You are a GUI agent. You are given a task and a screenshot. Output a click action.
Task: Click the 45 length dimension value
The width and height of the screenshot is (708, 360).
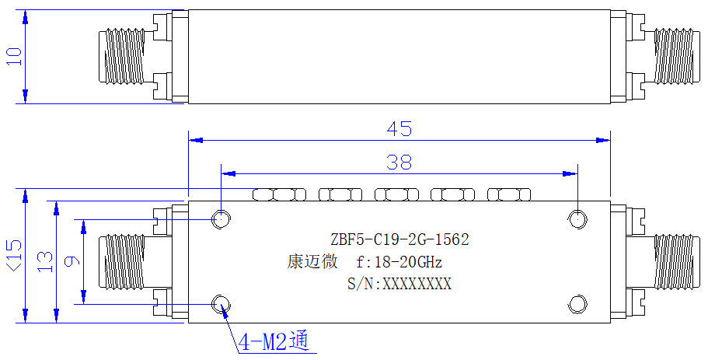click(399, 129)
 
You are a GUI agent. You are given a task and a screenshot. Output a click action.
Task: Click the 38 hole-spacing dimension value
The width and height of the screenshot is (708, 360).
click(399, 162)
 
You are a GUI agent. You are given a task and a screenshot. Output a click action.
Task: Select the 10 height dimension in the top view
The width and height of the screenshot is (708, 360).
click(14, 57)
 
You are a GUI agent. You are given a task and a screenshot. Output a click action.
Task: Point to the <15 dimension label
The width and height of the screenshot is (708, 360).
click(13, 256)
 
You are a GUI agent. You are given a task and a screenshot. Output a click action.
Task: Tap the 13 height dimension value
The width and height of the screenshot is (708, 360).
click(45, 262)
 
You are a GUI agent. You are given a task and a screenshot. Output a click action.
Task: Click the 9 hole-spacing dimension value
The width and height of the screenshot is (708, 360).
click(72, 261)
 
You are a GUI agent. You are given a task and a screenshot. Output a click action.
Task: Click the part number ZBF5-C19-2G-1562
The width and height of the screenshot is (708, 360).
click(399, 239)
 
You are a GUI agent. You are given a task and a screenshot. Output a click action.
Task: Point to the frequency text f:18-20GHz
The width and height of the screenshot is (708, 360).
click(399, 262)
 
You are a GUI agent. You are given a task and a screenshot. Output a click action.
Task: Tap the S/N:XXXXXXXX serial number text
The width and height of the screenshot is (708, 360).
click(399, 284)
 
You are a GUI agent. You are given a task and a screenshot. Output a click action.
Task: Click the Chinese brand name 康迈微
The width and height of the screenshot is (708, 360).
click(312, 262)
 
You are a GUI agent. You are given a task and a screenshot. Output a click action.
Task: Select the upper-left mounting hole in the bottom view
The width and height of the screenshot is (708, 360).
click(221, 219)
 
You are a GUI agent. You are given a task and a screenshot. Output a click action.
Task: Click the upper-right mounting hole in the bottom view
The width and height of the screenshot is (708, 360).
click(577, 219)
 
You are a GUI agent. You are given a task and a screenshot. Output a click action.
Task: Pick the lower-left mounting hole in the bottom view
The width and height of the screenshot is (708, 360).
click(221, 304)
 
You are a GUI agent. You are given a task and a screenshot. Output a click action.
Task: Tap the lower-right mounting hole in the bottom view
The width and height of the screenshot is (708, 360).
click(577, 304)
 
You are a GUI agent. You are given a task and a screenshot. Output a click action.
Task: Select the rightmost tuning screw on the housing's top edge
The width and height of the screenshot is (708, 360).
click(509, 194)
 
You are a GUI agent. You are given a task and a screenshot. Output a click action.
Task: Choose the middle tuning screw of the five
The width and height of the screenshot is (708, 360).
click(397, 194)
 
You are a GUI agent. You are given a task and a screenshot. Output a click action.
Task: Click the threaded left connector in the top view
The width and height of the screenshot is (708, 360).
click(122, 57)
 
